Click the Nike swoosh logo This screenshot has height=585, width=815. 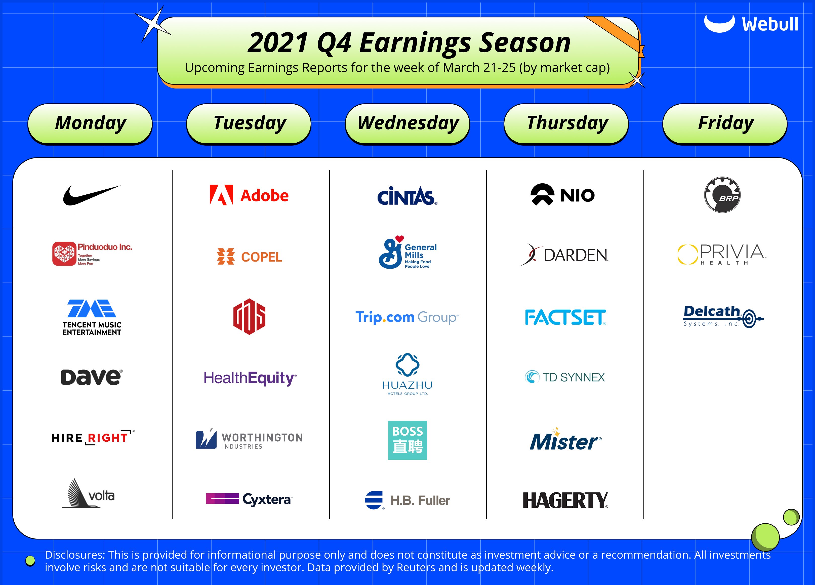tap(91, 195)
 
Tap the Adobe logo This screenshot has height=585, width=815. tap(249, 195)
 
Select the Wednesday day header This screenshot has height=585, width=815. tap(407, 123)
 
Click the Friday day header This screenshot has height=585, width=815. tap(725, 123)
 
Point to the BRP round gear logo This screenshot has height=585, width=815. tap(722, 195)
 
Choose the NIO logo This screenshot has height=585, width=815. tap(562, 194)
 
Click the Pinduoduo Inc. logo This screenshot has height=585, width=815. tap(92, 254)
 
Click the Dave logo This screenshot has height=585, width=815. tap(92, 377)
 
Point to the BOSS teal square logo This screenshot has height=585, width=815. tap(407, 440)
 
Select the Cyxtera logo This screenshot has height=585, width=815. tap(249, 499)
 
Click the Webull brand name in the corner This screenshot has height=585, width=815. tap(770, 24)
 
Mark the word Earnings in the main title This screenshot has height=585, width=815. tap(415, 43)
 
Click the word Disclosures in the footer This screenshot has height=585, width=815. tap(75, 555)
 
